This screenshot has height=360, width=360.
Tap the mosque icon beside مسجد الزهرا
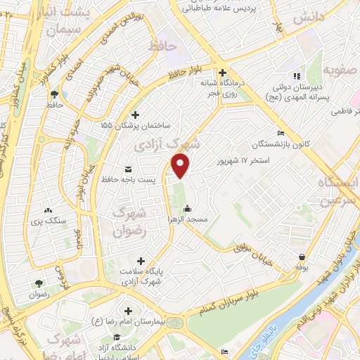coord(187,209)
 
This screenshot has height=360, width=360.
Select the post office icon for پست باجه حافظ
coord(128,169)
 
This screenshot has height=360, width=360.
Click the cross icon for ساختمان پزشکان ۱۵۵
coord(136,115)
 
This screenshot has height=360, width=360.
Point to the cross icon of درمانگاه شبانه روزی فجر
coord(222,72)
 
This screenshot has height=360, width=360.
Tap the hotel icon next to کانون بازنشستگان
coord(281,134)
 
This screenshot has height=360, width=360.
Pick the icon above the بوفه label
coord(302,257)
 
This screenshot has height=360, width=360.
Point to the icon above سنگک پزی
coord(48,210)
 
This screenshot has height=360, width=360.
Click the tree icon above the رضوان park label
coord(38,283)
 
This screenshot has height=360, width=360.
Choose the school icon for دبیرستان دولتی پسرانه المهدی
coord(296,75)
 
